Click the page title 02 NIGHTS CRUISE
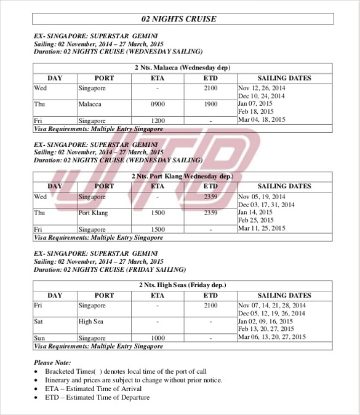click(x=179, y=19)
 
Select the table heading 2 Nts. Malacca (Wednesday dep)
click(x=183, y=68)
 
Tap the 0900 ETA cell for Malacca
click(x=158, y=105)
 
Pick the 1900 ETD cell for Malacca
click(x=210, y=105)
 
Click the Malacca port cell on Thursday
click(x=90, y=105)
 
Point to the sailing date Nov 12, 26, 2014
click(x=262, y=88)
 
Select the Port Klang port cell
click(x=93, y=213)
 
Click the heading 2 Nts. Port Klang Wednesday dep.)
click(x=183, y=176)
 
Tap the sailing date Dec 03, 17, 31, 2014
click(x=266, y=205)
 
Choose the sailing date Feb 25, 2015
click(x=256, y=220)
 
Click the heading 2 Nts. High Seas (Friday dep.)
click(x=183, y=285)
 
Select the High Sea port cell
click(x=90, y=322)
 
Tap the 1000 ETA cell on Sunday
click(x=158, y=338)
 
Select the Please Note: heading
click(x=52, y=363)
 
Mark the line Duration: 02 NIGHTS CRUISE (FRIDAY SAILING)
click(x=110, y=269)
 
